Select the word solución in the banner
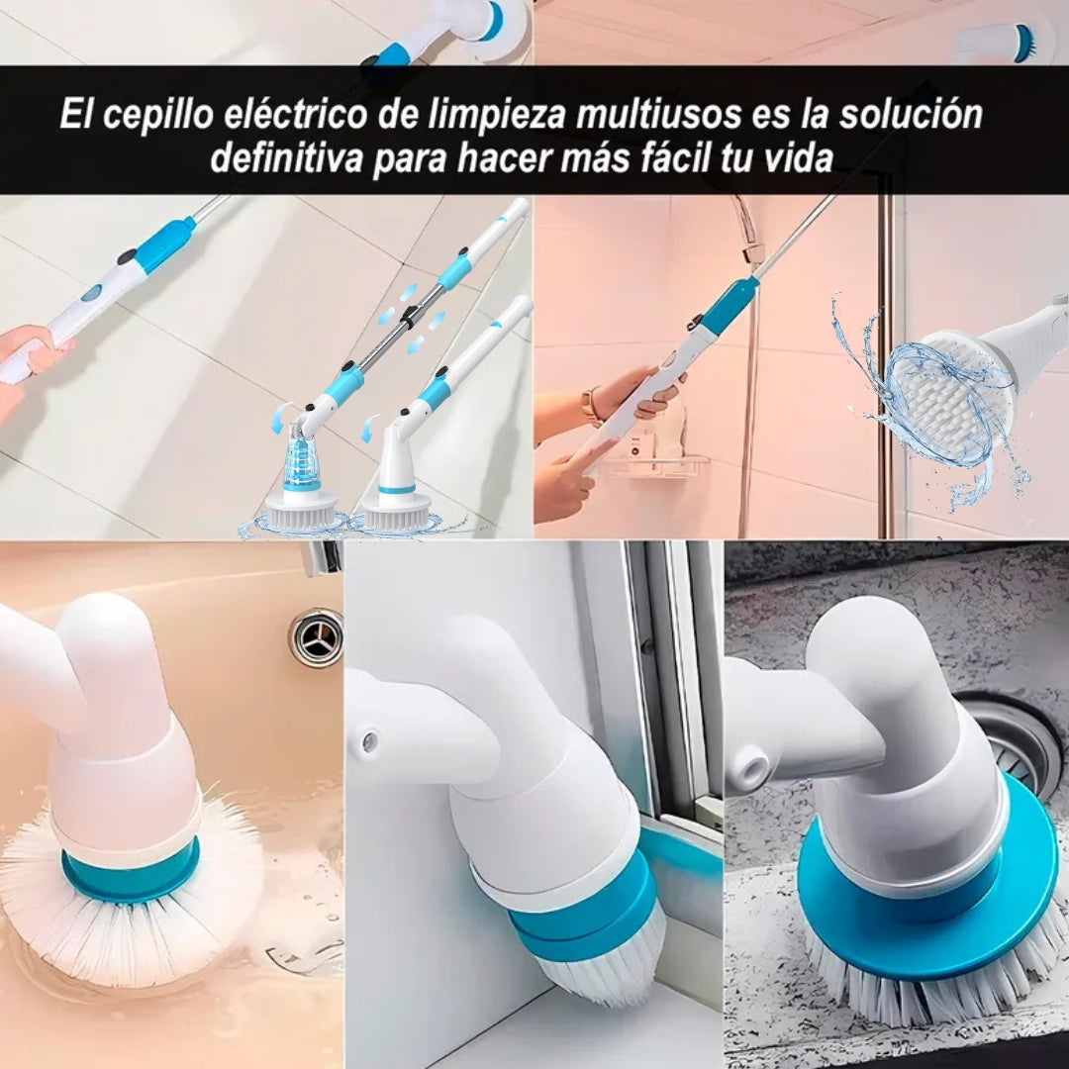point(911,113)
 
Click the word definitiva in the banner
point(286,157)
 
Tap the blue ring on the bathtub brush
point(131,875)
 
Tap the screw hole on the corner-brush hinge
point(370,740)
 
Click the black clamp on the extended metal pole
point(409,317)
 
